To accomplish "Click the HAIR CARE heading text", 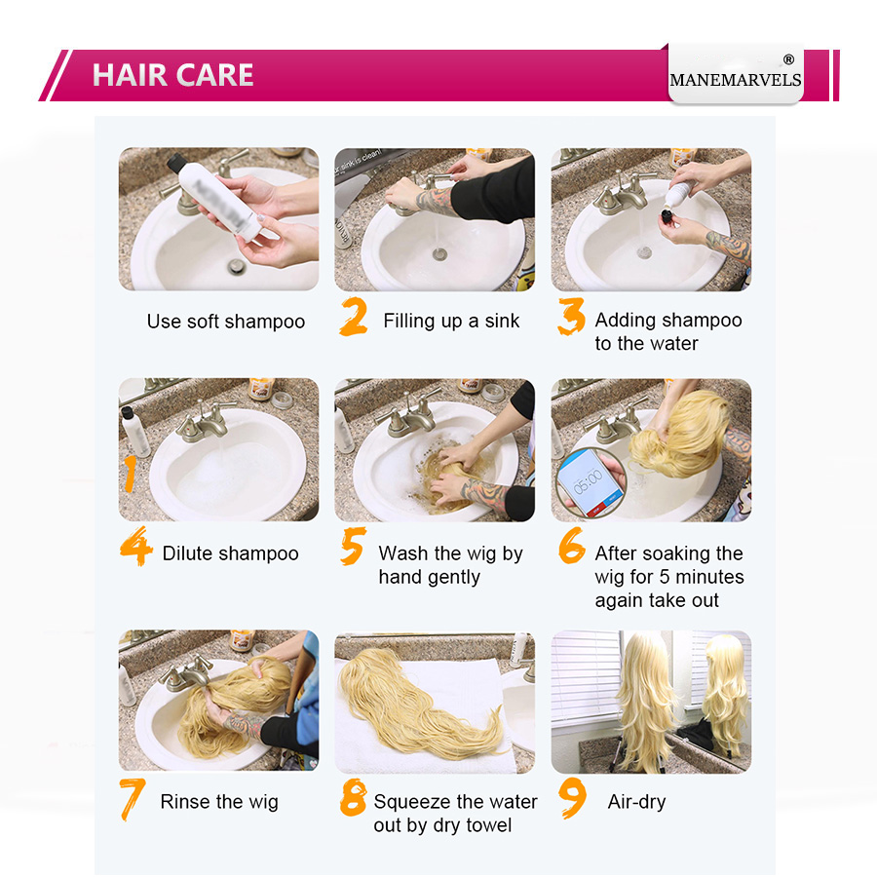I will click(x=172, y=75).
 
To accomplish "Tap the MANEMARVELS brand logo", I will click(x=736, y=79).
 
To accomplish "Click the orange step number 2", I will click(x=354, y=318).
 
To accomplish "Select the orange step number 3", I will click(x=571, y=318).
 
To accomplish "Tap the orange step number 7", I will click(x=133, y=798).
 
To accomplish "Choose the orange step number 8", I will click(x=353, y=798).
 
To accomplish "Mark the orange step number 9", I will click(x=573, y=798).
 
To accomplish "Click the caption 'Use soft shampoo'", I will click(x=226, y=322).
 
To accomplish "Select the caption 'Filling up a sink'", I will click(x=451, y=321).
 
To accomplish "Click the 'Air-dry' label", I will click(x=636, y=802).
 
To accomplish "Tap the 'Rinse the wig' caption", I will click(x=219, y=802).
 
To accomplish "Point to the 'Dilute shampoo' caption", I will click(x=230, y=553).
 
